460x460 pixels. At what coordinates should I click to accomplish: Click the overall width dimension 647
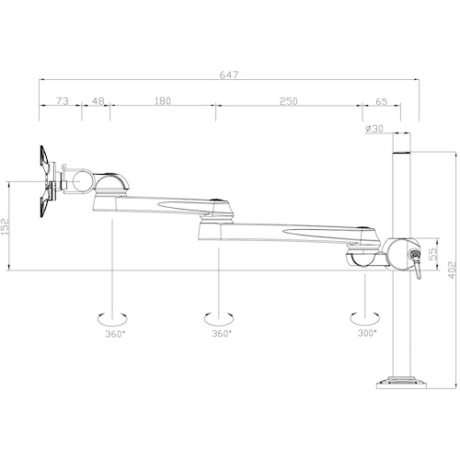(229, 75)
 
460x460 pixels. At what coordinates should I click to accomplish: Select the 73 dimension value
(63, 100)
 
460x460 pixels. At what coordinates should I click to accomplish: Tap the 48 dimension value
(98, 100)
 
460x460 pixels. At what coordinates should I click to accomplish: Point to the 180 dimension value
(163, 100)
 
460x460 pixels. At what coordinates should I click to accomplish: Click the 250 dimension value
(289, 101)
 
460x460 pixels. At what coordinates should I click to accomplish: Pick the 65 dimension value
(381, 101)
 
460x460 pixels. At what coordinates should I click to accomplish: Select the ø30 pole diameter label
(374, 129)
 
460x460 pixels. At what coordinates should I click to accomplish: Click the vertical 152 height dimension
(6, 226)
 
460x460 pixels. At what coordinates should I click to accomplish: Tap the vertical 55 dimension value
(433, 254)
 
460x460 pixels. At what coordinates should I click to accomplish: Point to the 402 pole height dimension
(452, 270)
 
